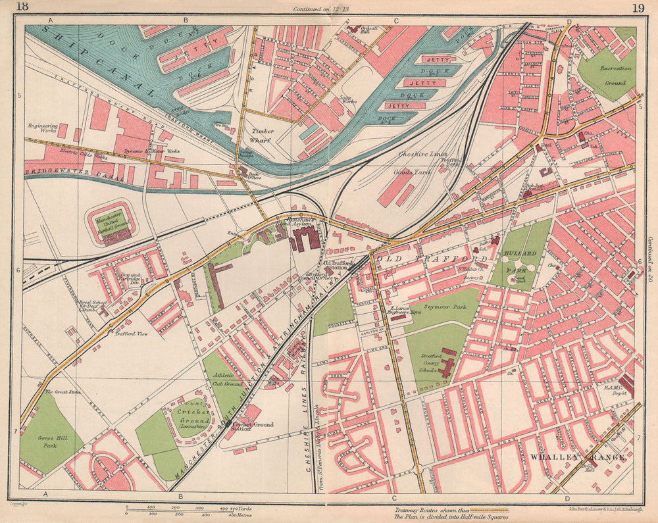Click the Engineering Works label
tap(43, 128)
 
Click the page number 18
tap(22, 7)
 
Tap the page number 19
tap(637, 8)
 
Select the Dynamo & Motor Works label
tap(153, 151)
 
